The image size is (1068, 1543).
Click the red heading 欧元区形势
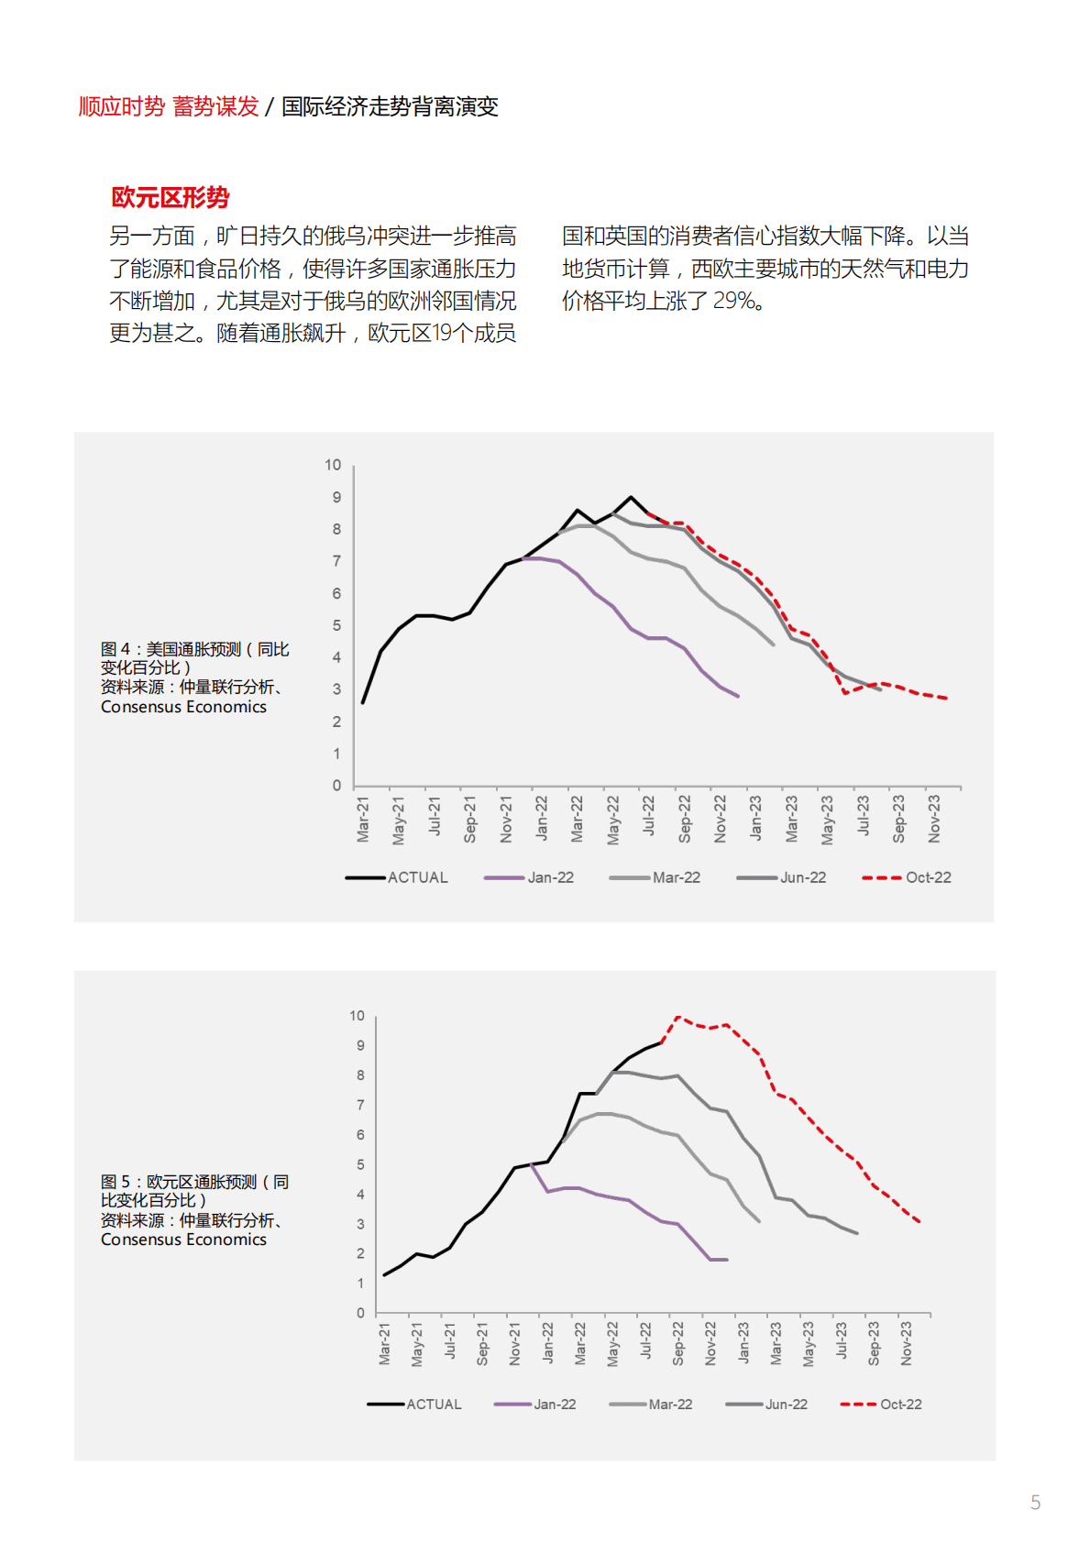tap(171, 197)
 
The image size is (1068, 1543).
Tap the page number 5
tap(1035, 1503)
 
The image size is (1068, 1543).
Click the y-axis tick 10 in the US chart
tap(333, 465)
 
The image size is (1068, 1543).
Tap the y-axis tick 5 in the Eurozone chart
tap(360, 1164)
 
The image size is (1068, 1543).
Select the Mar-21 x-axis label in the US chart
tap(363, 819)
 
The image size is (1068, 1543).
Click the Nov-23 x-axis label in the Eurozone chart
tap(906, 1343)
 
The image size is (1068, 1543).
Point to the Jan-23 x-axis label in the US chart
tap(755, 819)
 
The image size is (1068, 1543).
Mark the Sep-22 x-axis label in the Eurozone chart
tap(678, 1343)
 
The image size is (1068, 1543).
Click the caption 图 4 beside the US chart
tap(116, 649)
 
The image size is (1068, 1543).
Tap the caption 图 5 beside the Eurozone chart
tap(116, 1182)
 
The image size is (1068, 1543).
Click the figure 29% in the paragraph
tap(733, 301)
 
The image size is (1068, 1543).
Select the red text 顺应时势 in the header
tap(121, 106)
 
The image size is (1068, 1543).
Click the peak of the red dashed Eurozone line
tap(677, 1017)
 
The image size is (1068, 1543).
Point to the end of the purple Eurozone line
tap(726, 1260)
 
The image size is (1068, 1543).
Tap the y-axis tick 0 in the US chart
tap(336, 786)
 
